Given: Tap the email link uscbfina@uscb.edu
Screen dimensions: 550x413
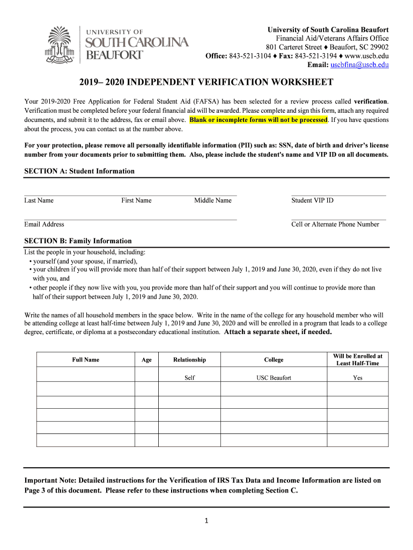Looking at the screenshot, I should coord(359,65).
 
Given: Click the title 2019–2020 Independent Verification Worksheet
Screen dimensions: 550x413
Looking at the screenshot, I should coord(206,82).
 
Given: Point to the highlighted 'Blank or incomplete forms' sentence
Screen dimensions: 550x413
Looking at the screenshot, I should coord(258,120).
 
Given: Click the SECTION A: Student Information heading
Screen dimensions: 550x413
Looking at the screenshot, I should coord(79,171).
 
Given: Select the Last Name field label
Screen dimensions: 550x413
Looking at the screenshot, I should coord(39,200).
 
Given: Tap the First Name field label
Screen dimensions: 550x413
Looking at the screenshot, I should coord(136,200).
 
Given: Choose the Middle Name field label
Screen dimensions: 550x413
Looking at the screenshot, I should coord(213,200).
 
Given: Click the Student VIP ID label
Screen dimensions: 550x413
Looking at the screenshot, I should coord(312,200).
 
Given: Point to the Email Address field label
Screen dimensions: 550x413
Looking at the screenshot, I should coord(44,224).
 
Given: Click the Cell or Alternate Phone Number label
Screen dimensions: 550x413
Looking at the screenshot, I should coord(335,224).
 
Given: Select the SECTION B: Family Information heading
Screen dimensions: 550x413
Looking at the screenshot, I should coord(78,241).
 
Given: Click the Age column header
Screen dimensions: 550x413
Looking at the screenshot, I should coord(146,360).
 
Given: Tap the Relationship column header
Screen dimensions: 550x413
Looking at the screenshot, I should coord(189,360).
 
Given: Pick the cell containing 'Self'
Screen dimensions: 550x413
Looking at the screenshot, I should coord(189,378).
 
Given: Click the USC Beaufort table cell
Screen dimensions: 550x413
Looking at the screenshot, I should coord(274,378).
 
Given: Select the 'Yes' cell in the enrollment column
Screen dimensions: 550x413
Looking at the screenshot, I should coord(358,378).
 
